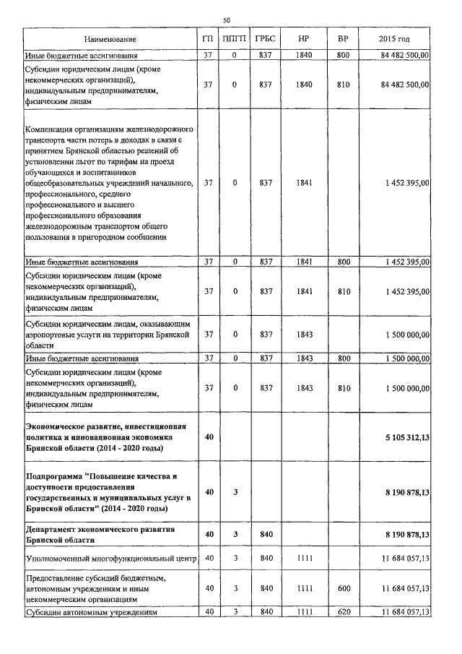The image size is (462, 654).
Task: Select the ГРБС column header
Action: tap(265, 38)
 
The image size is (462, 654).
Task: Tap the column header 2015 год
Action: tap(394, 38)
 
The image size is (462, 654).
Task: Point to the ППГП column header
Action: tap(234, 38)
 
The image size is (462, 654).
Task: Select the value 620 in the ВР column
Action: tap(343, 612)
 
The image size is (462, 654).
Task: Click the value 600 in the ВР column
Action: tap(343, 588)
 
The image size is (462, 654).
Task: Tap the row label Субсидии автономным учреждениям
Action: tap(91, 612)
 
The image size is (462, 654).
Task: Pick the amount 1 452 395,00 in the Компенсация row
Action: tap(401, 184)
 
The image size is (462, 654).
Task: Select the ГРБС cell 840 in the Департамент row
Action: tap(265, 534)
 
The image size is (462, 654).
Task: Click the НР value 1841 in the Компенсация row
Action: tap(304, 184)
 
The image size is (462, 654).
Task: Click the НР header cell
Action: tap(304, 38)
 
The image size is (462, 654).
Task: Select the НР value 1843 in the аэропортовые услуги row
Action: tap(304, 334)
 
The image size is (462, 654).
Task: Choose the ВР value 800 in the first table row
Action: tap(343, 55)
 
